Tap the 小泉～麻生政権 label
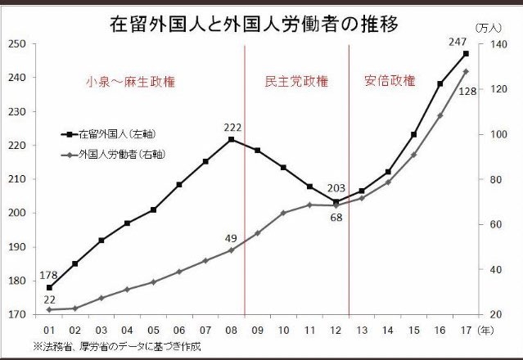131,82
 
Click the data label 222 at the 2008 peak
232,128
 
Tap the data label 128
467,92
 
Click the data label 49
231,238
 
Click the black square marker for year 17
466,54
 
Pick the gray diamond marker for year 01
49,309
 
